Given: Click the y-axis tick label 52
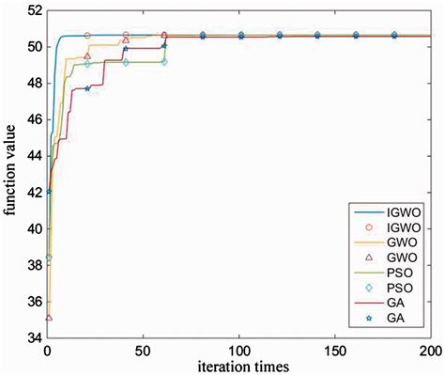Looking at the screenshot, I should pos(31,10).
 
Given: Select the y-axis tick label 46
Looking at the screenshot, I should pos(31,119).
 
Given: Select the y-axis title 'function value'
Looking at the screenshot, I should pos(10,175).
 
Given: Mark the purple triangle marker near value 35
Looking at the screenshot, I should pos(49,318).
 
